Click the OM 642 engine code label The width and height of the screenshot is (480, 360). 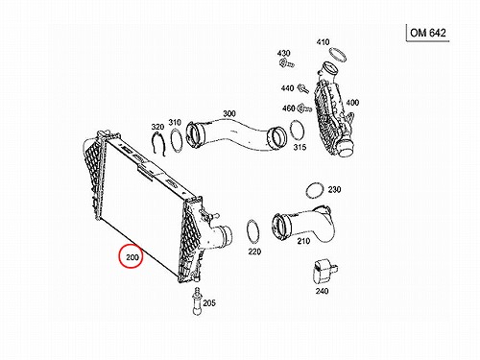(x=428, y=33)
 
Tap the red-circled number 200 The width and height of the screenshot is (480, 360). (x=132, y=257)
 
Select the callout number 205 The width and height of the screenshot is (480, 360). (x=209, y=302)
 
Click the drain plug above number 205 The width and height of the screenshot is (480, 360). (x=197, y=300)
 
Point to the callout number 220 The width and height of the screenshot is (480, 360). (x=254, y=252)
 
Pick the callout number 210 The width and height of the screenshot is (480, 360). (x=303, y=241)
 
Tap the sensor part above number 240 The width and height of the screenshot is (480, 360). (x=324, y=272)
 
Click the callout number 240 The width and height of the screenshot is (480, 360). (x=322, y=291)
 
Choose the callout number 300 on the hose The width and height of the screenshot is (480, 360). (x=229, y=113)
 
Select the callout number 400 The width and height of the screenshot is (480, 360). (x=352, y=103)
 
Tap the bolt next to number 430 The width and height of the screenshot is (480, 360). (x=286, y=64)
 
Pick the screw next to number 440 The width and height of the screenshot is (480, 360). (x=302, y=88)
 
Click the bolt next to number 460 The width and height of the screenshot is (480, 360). (x=304, y=108)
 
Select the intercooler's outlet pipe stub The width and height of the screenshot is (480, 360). (x=224, y=236)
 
